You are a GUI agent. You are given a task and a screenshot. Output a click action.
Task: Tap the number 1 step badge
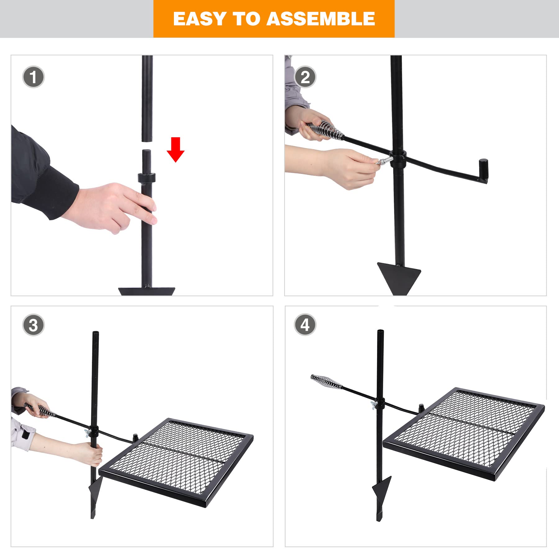pyautogui.click(x=34, y=77)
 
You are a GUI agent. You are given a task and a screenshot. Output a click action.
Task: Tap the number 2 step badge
pyautogui.click(x=305, y=77)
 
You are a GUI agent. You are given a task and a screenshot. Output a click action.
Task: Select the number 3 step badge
pyautogui.click(x=34, y=325)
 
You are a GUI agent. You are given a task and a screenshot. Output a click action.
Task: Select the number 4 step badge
pyautogui.click(x=305, y=325)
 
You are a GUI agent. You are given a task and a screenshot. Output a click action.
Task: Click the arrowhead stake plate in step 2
pyautogui.click(x=399, y=275)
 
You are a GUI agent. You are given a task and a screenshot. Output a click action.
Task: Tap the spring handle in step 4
pyautogui.click(x=325, y=383)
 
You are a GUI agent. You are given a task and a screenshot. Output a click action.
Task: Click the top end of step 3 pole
pyautogui.click(x=95, y=334)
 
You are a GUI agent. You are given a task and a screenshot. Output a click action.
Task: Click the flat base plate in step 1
pyautogui.click(x=147, y=291)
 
